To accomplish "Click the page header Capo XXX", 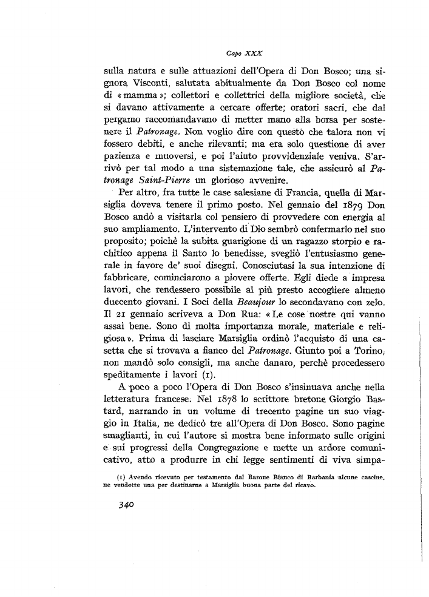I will (x=238, y=53).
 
